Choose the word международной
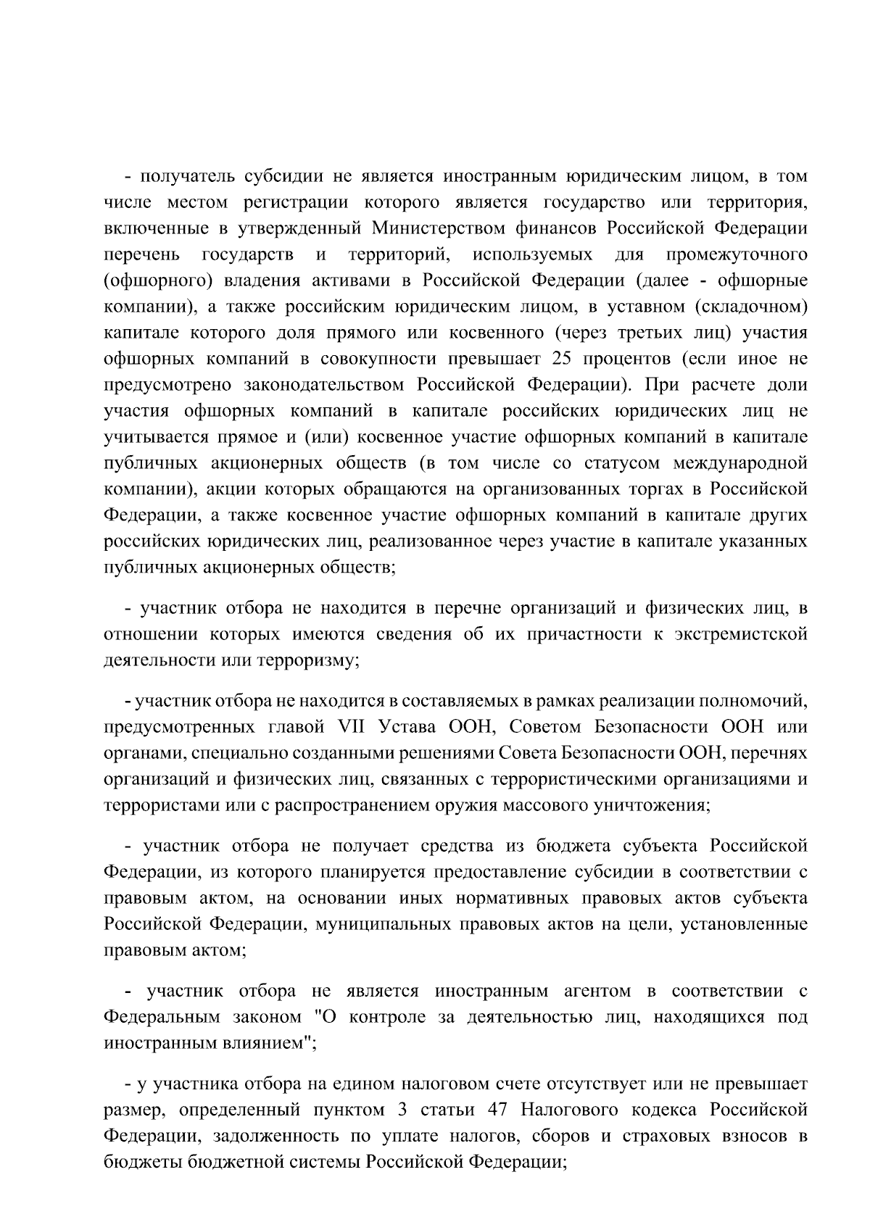click(740, 464)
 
